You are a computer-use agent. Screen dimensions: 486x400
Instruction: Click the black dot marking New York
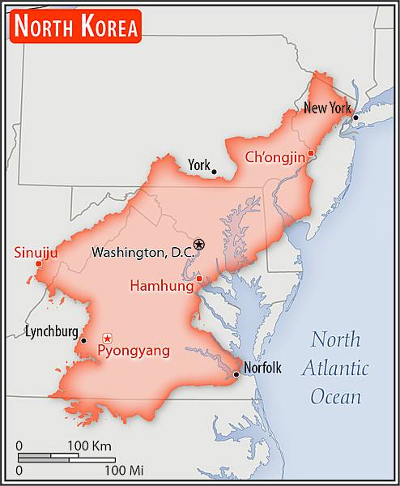coord(355,117)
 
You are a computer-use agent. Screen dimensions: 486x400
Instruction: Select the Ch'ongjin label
coord(274,156)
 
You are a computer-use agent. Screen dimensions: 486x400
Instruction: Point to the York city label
coord(198,165)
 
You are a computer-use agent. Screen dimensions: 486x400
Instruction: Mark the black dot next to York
coord(214,172)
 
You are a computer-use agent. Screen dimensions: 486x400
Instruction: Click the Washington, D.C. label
coord(143,253)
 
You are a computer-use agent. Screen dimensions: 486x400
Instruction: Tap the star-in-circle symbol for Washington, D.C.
coord(200,245)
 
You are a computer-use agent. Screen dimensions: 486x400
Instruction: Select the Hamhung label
coord(161,285)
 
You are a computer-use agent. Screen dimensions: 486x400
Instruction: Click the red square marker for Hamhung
coord(200,279)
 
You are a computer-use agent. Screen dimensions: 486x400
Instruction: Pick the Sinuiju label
coord(36,253)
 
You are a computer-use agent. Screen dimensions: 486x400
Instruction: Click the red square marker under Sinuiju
coord(39,263)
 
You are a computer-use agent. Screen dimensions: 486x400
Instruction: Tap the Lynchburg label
coord(52,331)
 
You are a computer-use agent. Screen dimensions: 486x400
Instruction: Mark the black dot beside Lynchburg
coord(83,340)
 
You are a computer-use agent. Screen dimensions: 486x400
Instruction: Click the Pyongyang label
coord(134,351)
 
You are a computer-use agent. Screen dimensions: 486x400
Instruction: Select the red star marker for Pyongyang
coord(107,338)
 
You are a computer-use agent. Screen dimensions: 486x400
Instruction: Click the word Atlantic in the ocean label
coord(335,369)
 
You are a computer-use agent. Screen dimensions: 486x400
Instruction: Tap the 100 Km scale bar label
coord(90,446)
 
